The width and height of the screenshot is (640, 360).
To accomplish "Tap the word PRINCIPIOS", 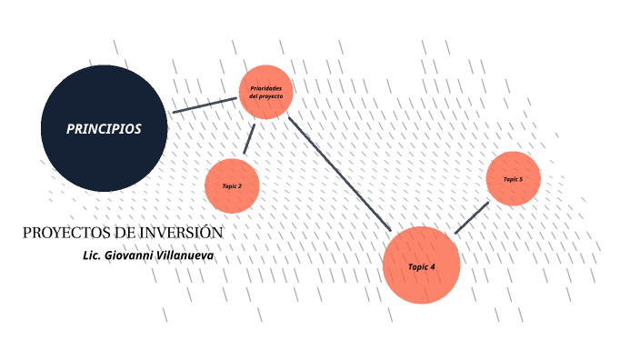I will click(x=104, y=129).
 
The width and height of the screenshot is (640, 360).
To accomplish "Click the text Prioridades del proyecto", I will click(x=265, y=92).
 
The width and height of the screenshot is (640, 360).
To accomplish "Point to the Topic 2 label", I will click(x=232, y=186).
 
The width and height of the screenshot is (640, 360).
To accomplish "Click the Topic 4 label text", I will click(x=421, y=266).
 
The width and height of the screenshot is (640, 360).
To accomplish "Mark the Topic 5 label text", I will click(x=514, y=179).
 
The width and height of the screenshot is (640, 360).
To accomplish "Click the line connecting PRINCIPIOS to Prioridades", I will click(x=204, y=105).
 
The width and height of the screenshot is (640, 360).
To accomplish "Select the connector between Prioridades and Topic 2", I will click(x=248, y=139).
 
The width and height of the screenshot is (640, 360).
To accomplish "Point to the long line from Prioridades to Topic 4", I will click(x=339, y=173).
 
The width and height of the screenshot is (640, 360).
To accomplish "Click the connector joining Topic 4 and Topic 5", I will click(x=471, y=218).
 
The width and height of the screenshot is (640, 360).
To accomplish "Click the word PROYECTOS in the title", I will click(x=61, y=233).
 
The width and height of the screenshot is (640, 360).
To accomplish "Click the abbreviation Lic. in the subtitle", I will click(x=91, y=255).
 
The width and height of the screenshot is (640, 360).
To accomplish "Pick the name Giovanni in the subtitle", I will click(x=133, y=255).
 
